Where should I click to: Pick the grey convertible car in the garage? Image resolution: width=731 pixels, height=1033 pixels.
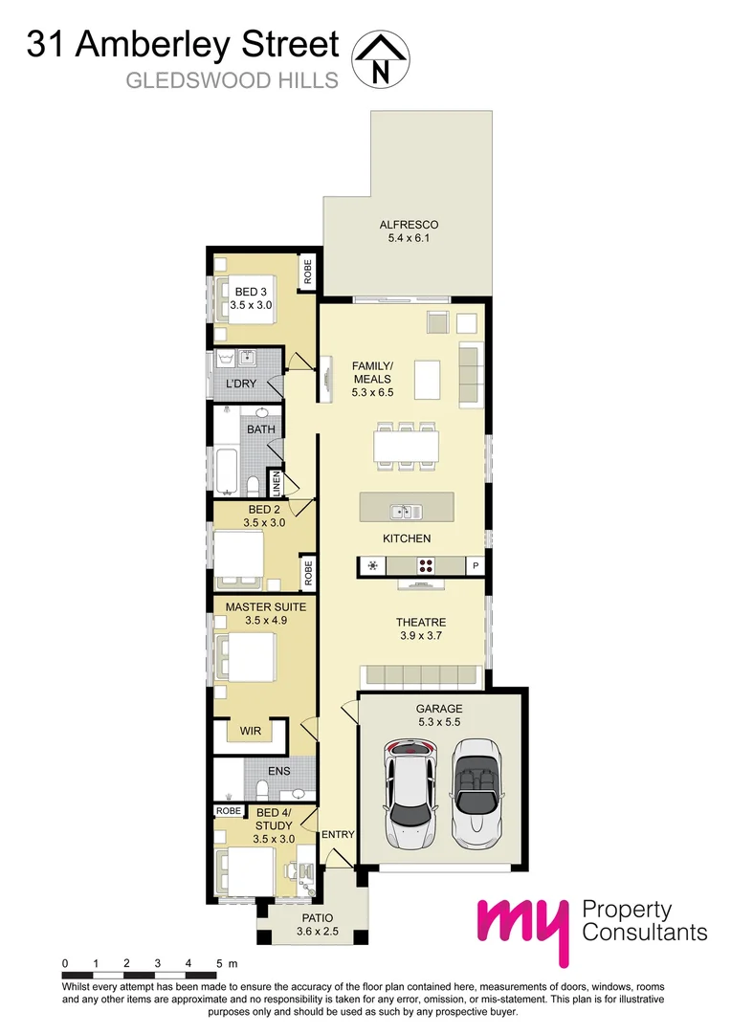(x=476, y=790)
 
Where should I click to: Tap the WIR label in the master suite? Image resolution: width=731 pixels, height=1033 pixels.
(x=252, y=731)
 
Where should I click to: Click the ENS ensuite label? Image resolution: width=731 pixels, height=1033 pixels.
(x=278, y=770)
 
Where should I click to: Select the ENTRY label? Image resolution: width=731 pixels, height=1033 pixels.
(x=338, y=834)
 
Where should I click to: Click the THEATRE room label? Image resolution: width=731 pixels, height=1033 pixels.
(x=421, y=623)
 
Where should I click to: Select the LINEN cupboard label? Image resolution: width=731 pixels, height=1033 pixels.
(x=276, y=483)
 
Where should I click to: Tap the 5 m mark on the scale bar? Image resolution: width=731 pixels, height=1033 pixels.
(x=220, y=962)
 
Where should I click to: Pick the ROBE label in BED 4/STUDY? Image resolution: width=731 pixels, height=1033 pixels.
(x=229, y=810)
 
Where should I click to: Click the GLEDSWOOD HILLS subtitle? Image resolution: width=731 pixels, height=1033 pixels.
(x=233, y=80)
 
